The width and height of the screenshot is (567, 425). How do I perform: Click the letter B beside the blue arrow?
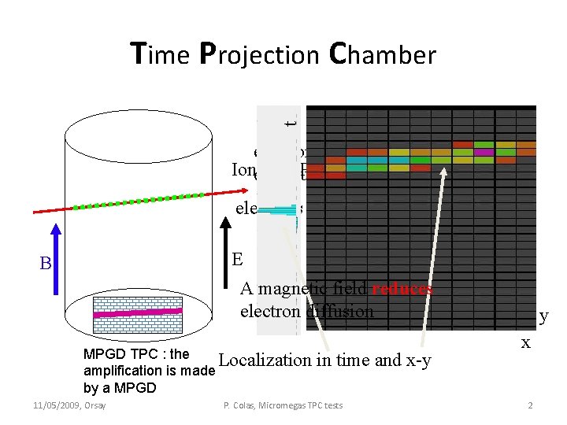point(45,264)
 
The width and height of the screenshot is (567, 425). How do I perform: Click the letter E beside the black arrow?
point(237,261)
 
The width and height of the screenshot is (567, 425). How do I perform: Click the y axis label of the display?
point(543,316)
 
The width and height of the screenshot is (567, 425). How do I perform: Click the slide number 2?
point(530,405)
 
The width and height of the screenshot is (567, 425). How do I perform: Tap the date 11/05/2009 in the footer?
point(57,405)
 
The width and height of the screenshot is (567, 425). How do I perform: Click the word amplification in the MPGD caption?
point(119,371)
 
